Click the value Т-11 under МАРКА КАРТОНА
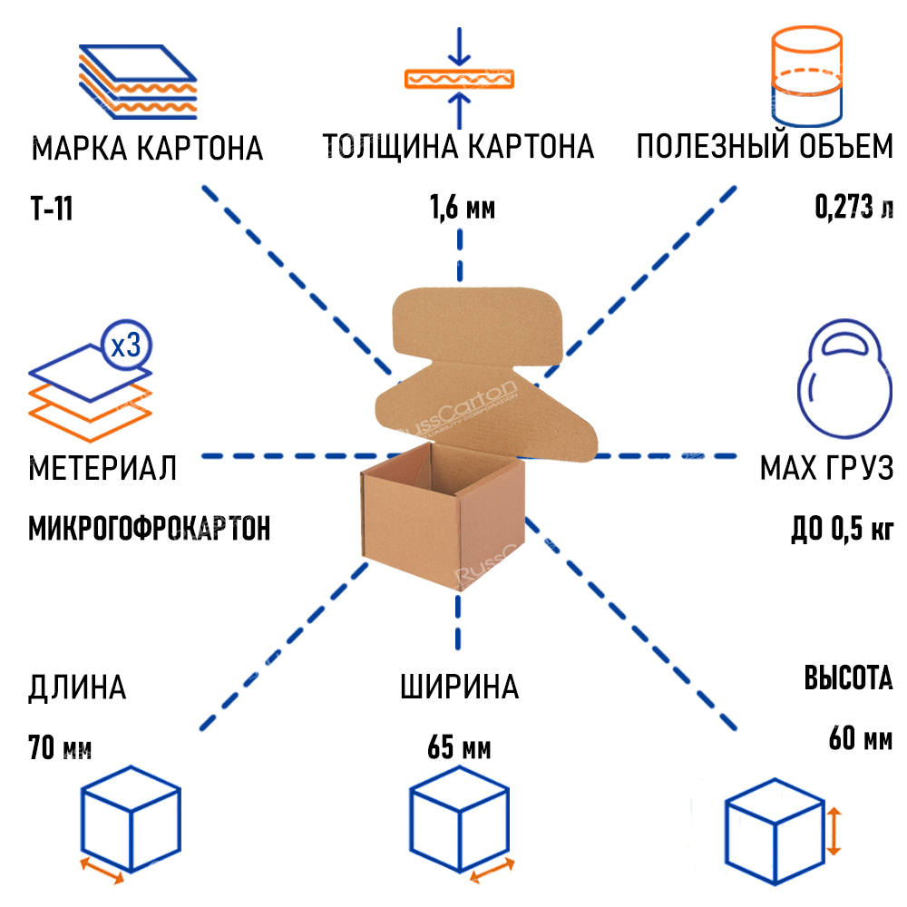51,210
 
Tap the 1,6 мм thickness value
462,210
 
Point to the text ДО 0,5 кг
842,528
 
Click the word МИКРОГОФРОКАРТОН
150,528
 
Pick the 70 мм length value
60,748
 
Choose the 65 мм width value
459,749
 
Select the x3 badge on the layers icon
124,345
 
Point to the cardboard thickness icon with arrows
459,78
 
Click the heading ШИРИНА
459,687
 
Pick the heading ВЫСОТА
848,678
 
